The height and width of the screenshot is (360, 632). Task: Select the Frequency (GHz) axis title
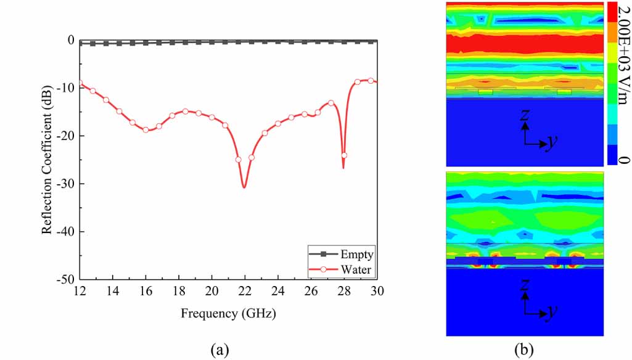228,313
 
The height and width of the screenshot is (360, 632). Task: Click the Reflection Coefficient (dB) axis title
46,160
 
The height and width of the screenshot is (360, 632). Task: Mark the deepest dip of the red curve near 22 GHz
245,187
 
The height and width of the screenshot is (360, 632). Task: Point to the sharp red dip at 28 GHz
343,168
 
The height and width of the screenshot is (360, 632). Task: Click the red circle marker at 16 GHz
146,129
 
